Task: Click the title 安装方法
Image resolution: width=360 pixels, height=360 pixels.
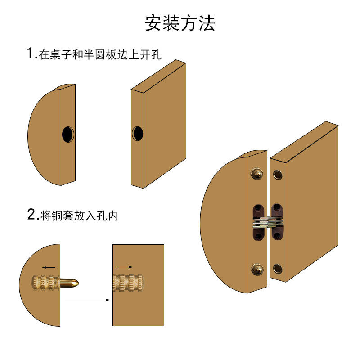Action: pyautogui.click(x=180, y=23)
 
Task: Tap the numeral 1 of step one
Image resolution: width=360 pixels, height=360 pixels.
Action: pyautogui.click(x=31, y=54)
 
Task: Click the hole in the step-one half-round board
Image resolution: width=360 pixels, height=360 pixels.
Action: pyautogui.click(x=67, y=134)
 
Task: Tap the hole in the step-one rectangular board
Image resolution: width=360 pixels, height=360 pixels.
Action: pyautogui.click(x=137, y=133)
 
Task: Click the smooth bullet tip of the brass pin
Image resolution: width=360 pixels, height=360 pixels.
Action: pyautogui.click(x=72, y=283)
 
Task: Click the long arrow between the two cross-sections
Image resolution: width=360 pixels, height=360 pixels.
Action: pyautogui.click(x=87, y=299)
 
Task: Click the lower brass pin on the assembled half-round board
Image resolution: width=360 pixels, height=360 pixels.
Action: pyautogui.click(x=257, y=270)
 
